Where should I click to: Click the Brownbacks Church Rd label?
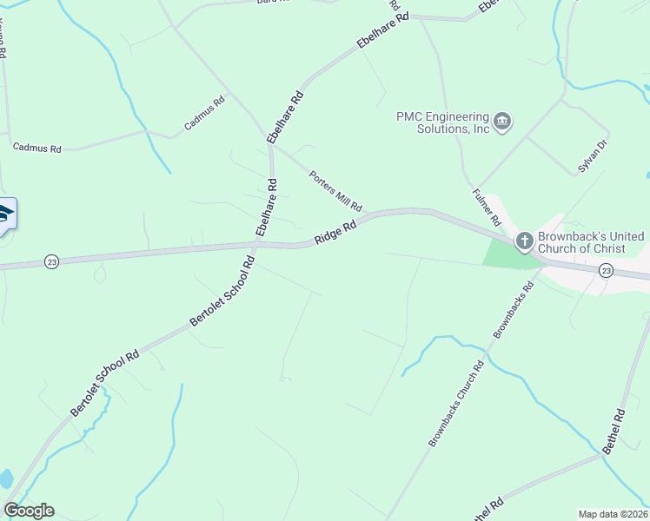[x=455, y=405]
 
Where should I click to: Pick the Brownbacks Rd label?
[x=511, y=310]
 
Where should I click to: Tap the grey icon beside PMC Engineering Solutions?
[x=503, y=122]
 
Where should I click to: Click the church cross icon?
[x=524, y=241]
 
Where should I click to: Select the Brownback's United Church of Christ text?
[x=591, y=242]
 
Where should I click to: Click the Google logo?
[x=29, y=511]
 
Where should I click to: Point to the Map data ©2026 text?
[x=613, y=514]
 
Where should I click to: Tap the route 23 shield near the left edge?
[x=51, y=261]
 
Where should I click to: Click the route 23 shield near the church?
[x=606, y=271]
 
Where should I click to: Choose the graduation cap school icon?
[x=4, y=214]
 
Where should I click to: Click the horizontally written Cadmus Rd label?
[x=36, y=148]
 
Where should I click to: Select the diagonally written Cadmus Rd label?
[x=204, y=114]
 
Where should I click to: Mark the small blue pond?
[x=5, y=478]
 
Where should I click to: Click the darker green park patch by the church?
[x=501, y=253]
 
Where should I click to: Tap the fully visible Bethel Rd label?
[x=614, y=432]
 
